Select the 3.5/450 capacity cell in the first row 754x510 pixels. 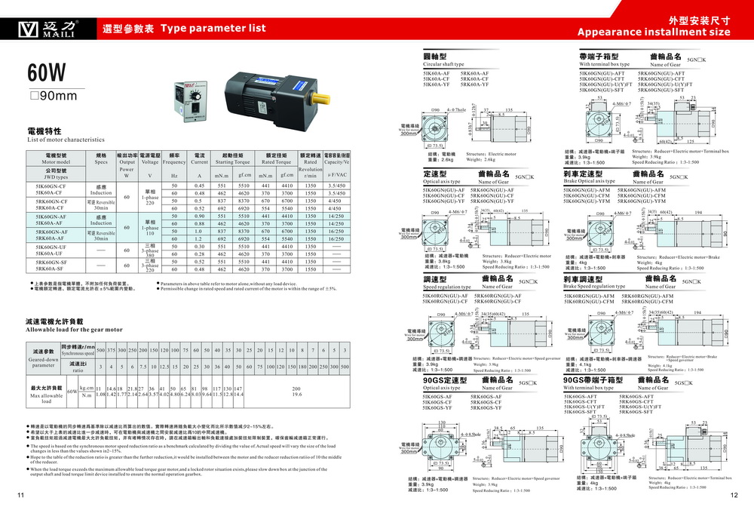tap(337, 186)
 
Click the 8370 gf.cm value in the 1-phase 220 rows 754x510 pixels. tap(244, 201)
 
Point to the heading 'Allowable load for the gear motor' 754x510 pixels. tap(74, 330)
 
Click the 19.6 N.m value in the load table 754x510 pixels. tap(296, 395)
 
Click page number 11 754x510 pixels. tap(20, 496)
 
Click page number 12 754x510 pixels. tap(734, 496)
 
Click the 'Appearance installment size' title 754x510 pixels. tap(654, 32)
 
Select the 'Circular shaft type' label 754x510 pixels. tap(443, 65)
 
